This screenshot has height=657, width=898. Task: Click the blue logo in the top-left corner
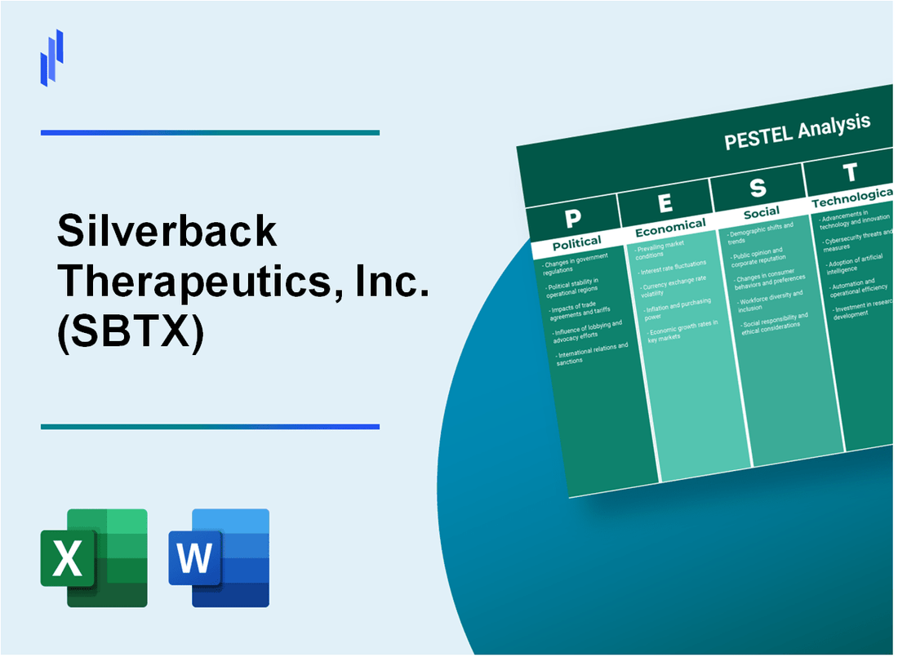point(52,57)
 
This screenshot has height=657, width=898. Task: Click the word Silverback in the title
point(167,234)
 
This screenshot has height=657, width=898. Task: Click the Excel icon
point(94,557)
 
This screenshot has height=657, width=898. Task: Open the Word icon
point(219,557)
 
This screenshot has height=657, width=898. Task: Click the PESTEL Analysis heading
point(797,131)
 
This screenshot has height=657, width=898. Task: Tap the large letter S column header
point(758,188)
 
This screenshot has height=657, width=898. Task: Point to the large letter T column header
point(850,173)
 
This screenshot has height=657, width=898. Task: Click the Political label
point(576,242)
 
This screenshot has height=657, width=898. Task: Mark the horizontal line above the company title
point(210,132)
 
